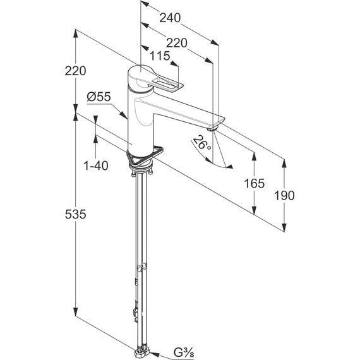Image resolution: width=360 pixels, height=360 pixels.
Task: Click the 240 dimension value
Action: [170, 18]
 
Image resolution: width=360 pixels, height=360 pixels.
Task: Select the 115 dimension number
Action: [160, 56]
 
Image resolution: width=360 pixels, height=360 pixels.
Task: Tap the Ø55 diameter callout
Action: [99, 97]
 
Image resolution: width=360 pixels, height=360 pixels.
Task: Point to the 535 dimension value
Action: [76, 215]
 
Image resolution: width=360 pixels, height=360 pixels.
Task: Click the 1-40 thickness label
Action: [96, 165]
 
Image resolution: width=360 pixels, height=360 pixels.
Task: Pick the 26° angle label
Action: [201, 143]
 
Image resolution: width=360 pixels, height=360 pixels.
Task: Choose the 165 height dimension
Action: [254, 183]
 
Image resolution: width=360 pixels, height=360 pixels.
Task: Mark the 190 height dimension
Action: [284, 195]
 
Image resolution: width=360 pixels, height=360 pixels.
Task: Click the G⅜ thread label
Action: [184, 352]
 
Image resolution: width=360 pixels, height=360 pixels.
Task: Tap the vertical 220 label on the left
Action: [76, 71]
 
